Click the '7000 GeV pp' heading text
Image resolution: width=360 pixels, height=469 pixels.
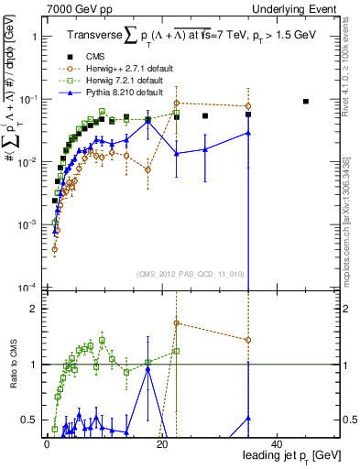(x=71, y=7)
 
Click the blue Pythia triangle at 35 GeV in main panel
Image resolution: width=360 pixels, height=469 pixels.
(x=248, y=133)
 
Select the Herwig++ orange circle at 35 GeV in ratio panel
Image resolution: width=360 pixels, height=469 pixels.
(x=248, y=340)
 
